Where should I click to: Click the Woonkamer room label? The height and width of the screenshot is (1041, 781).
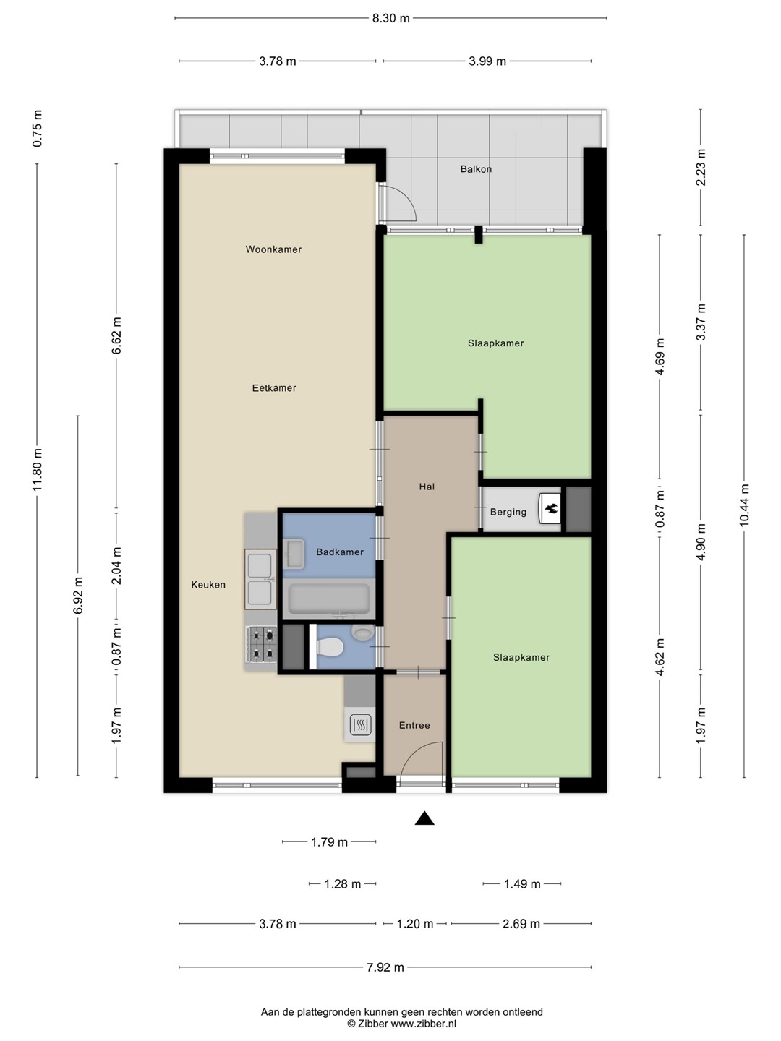click(x=273, y=249)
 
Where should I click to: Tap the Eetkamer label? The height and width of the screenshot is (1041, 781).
click(x=274, y=388)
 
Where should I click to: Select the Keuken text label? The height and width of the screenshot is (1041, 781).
click(x=208, y=585)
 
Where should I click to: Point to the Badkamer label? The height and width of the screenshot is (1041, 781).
click(x=340, y=552)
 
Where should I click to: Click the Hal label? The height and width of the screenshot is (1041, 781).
click(x=427, y=487)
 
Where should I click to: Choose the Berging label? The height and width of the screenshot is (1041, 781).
click(x=508, y=513)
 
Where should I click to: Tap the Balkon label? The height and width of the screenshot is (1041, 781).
click(x=476, y=169)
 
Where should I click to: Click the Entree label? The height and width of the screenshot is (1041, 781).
click(x=414, y=725)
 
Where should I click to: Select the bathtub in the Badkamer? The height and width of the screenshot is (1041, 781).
click(x=329, y=599)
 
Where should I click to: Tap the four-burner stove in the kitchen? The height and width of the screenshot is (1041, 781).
click(x=261, y=644)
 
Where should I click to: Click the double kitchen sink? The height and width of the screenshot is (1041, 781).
click(x=260, y=579)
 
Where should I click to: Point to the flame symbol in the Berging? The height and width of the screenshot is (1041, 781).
click(x=550, y=509)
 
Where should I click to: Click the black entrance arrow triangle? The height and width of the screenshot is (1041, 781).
click(x=424, y=818)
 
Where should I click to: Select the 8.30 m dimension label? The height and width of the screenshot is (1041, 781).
click(x=390, y=19)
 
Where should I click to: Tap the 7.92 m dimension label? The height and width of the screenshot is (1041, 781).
click(x=385, y=967)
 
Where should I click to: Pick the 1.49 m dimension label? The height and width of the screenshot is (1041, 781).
click(x=522, y=884)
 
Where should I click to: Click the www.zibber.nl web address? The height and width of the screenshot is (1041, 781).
click(x=424, y=1024)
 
